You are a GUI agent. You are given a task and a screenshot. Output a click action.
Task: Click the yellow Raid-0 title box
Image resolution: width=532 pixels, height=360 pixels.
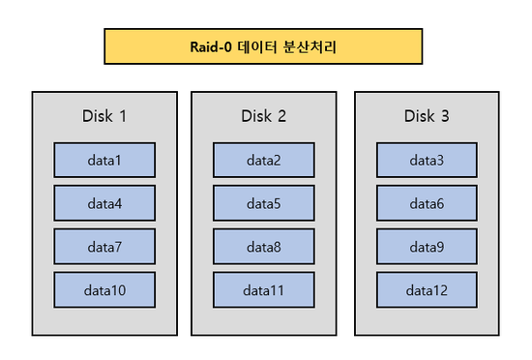click(263, 46)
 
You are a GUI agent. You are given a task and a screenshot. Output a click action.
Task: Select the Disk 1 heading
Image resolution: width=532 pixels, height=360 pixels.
click(103, 117)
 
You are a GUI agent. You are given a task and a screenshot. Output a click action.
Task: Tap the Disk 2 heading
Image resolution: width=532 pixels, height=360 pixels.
click(263, 117)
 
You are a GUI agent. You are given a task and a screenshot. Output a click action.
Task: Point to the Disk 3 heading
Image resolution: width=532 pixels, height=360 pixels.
click(427, 117)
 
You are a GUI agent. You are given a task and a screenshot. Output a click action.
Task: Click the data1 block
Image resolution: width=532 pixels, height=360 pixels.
click(103, 160)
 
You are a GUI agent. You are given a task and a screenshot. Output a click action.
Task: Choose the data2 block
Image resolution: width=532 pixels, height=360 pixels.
click(263, 160)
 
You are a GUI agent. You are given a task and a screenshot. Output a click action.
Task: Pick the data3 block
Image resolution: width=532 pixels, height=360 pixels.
click(427, 160)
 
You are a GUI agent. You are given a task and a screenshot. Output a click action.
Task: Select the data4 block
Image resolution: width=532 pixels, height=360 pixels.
click(103, 203)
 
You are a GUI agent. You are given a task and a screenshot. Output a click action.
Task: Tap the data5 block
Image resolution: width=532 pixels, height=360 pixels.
click(263, 203)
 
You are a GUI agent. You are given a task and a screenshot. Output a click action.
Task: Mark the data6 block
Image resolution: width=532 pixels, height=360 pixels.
click(427, 203)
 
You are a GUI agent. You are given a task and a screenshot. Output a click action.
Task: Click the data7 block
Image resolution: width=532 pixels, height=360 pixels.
click(103, 247)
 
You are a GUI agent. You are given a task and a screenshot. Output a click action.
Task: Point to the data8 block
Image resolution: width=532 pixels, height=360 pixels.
click(263, 247)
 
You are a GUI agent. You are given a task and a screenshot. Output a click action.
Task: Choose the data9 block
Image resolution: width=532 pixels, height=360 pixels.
click(427, 247)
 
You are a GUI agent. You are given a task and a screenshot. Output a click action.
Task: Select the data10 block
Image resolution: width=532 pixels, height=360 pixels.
click(103, 289)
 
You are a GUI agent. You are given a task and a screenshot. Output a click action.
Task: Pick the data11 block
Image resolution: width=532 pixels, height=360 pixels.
click(263, 289)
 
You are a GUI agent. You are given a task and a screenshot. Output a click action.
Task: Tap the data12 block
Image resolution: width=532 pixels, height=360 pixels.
click(427, 289)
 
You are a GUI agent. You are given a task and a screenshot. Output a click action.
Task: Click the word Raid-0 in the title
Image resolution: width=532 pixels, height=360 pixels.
click(212, 46)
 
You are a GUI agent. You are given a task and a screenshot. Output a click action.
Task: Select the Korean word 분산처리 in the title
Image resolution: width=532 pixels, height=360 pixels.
click(312, 46)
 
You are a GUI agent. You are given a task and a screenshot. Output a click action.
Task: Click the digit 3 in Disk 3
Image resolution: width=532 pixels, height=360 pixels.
click(446, 117)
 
